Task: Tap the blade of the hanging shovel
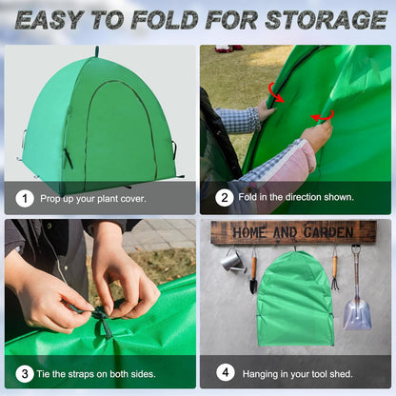point(357,311)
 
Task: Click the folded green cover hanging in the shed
point(296,301)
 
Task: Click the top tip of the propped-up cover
point(96,52)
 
